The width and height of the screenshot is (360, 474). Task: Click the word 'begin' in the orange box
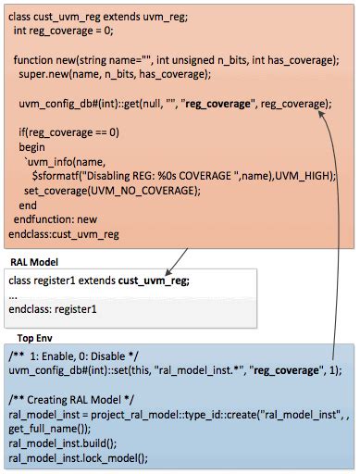coord(31,147)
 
